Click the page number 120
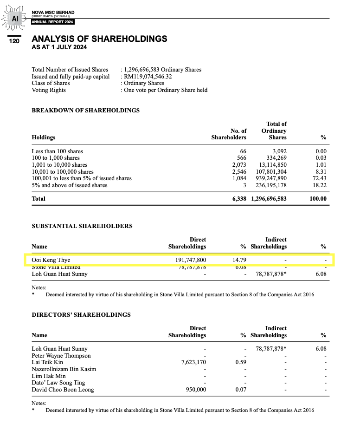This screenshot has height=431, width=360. click(14, 41)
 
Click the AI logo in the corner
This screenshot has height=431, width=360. click(15, 19)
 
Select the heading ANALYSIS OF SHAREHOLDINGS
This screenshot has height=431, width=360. click(99, 39)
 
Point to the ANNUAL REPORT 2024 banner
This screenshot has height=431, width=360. click(53, 22)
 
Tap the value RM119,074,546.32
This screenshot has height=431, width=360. click(148, 77)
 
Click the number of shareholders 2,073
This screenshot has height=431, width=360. click(239, 165)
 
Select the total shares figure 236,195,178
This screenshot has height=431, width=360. click(271, 185)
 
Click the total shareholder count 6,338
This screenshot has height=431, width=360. click(239, 199)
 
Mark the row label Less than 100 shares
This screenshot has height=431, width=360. click(57, 151)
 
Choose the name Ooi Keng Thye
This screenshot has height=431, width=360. click(51, 260)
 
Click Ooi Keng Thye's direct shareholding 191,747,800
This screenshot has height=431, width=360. click(191, 260)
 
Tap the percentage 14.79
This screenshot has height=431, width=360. click(239, 260)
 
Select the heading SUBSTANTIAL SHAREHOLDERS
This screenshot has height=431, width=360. click(82, 226)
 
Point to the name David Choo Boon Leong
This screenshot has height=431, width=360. click(63, 390)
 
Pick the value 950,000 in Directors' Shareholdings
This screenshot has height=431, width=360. click(196, 390)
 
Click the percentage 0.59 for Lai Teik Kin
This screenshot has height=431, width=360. click(240, 362)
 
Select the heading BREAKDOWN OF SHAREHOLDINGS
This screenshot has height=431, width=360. click(85, 111)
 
